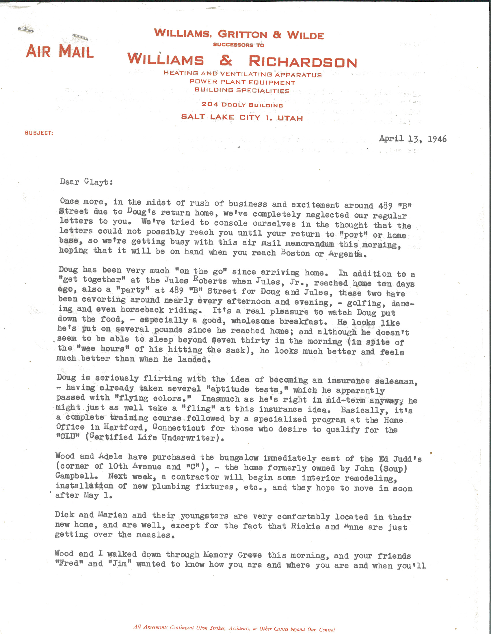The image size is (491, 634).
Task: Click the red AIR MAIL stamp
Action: (x=60, y=51)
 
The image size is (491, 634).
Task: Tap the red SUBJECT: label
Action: (x=39, y=133)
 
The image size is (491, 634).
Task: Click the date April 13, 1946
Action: (x=412, y=139)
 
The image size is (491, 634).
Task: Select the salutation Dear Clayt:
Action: (x=86, y=182)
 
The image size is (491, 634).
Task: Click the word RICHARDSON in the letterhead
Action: (x=303, y=61)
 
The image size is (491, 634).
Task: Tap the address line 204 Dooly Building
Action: (x=242, y=105)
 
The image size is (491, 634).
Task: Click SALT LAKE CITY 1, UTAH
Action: (x=242, y=117)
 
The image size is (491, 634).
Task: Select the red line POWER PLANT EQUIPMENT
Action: (x=242, y=83)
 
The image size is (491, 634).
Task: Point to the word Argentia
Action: (x=345, y=254)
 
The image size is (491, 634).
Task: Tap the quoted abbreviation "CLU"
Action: (x=68, y=437)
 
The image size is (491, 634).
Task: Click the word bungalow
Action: (x=239, y=458)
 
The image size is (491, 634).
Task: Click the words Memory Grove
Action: (x=232, y=555)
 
